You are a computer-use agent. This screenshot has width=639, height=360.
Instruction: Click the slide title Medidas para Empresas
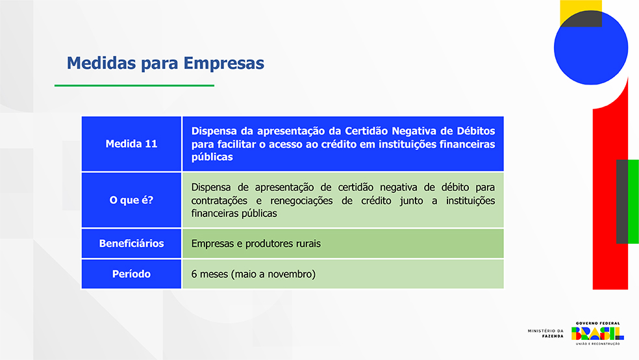pyautogui.click(x=166, y=63)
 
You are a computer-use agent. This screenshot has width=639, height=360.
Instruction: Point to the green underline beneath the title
pyautogui.click(x=134, y=86)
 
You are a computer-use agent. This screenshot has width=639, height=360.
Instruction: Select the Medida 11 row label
pyautogui.click(x=131, y=144)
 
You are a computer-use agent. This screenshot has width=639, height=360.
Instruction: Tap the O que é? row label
pyautogui.click(x=131, y=200)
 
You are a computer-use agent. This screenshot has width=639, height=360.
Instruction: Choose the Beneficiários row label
pyautogui.click(x=131, y=244)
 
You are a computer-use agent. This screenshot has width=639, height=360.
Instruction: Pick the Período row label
pyautogui.click(x=131, y=274)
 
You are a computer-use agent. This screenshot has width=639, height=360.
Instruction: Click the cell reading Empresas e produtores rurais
pyautogui.click(x=256, y=244)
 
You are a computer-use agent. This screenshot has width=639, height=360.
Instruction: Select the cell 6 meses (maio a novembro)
pyautogui.click(x=253, y=274)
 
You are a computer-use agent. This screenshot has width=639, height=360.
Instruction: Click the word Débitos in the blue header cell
pyautogui.click(x=476, y=131)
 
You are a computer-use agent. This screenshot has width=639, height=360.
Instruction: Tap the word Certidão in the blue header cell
pyautogui.click(x=365, y=131)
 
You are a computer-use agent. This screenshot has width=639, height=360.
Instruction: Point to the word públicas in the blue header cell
pyautogui.click(x=212, y=157)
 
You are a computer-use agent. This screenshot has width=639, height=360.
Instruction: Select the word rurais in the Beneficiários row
pyautogui.click(x=308, y=244)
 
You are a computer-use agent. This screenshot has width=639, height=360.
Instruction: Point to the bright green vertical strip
pyautogui.click(x=633, y=201)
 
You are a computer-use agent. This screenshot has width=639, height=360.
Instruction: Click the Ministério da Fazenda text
pyautogui.click(x=545, y=333)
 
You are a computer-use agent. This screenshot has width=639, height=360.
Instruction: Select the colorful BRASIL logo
pyautogui.click(x=597, y=333)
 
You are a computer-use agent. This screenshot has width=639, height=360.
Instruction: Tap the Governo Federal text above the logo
pyautogui.click(x=597, y=324)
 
